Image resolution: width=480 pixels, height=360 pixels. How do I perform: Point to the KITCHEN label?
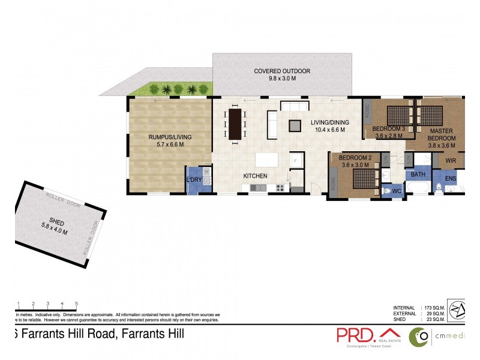click(254, 176)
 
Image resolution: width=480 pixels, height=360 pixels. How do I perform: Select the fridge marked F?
click(296, 162)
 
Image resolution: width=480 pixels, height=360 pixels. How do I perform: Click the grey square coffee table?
click(295, 125)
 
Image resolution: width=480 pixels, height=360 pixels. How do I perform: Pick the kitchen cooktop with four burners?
click(280, 188)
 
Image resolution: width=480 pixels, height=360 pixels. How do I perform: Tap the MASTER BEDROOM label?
click(443, 134)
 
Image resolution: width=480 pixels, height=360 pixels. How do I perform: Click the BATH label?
click(418, 175)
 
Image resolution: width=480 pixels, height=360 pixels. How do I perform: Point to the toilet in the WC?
click(391, 190)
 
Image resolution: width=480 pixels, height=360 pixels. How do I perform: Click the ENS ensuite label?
click(450, 178)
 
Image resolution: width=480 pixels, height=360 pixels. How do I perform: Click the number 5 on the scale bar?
click(76, 303)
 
